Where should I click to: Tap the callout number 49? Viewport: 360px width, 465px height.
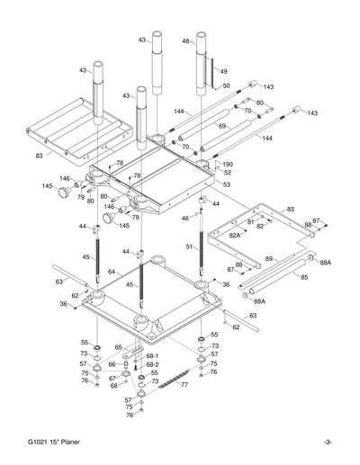225,71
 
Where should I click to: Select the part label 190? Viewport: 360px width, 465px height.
228,165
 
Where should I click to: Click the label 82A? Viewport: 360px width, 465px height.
235,234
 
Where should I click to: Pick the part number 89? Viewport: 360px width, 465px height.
269,258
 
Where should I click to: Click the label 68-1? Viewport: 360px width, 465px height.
152,355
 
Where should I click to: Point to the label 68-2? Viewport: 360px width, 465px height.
152,364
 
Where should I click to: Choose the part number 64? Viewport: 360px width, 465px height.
112,271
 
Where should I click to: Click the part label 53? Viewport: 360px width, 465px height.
226,184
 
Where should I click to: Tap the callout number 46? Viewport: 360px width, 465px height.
184,218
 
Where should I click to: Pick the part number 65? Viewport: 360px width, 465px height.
118,346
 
